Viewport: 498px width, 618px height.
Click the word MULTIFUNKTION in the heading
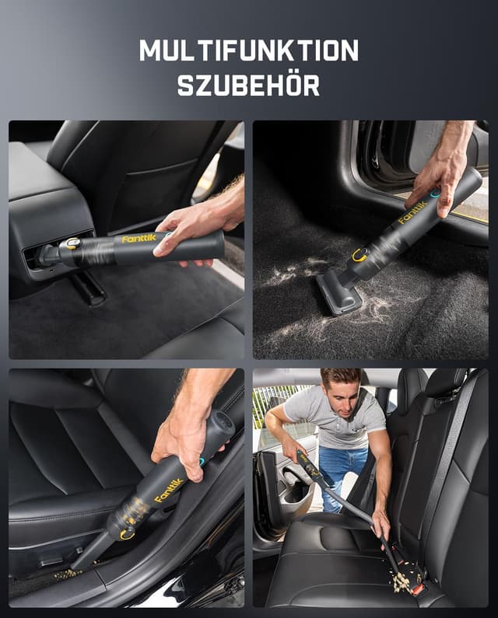248,51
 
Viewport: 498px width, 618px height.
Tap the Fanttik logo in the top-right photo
412,213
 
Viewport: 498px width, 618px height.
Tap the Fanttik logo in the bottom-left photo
170,491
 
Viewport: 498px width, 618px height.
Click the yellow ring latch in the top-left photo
72,243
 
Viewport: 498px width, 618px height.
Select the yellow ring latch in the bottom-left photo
127,534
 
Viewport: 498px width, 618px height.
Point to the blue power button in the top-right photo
435,193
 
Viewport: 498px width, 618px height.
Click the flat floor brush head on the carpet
339,294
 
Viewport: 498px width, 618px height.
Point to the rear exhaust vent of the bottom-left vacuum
223,423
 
